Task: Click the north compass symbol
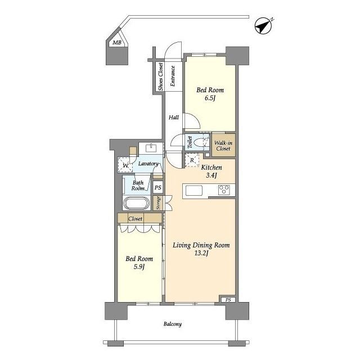(x=264, y=26)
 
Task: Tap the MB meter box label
(x=117, y=43)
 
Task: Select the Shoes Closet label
(x=161, y=76)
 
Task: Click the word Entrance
(x=173, y=76)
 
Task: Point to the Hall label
(x=174, y=118)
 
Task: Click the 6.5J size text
(x=210, y=98)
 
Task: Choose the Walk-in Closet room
(x=223, y=146)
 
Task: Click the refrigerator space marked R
(x=192, y=160)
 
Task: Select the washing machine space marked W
(x=125, y=165)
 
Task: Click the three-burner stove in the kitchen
(x=224, y=190)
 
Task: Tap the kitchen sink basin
(x=194, y=191)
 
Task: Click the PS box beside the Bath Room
(x=157, y=187)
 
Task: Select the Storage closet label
(x=158, y=203)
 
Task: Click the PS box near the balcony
(x=228, y=300)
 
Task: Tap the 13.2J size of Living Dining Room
(x=201, y=253)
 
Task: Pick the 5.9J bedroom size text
(x=139, y=267)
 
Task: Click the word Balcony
(x=173, y=324)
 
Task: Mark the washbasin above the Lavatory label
(x=151, y=148)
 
